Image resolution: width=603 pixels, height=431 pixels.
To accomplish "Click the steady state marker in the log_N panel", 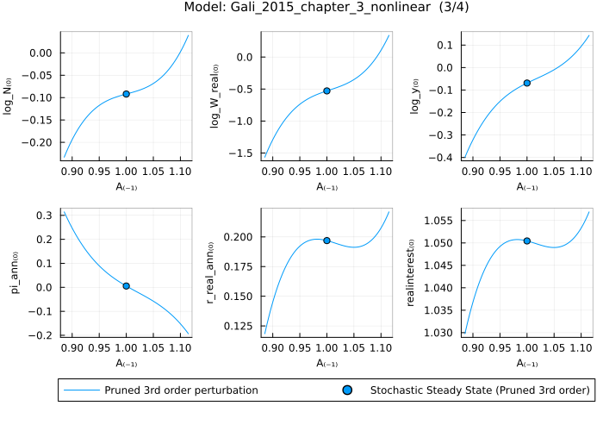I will (x=127, y=93).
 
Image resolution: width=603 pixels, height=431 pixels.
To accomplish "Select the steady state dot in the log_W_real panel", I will (x=327, y=91).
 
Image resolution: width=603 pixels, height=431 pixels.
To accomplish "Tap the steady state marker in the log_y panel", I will (x=527, y=83).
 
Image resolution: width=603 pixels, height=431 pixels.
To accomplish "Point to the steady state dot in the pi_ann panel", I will (x=127, y=285).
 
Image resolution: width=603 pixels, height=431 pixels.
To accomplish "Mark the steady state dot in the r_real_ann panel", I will (x=327, y=240).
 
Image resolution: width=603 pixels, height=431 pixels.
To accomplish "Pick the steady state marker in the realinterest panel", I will (x=527, y=240).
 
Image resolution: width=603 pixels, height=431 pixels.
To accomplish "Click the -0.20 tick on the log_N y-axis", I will (x=40, y=142).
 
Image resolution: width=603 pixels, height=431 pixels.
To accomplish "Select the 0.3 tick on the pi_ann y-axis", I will (x=45, y=215).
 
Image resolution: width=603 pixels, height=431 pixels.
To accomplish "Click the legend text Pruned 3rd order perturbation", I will (x=181, y=390).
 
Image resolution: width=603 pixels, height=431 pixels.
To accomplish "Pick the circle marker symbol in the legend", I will (x=348, y=390).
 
